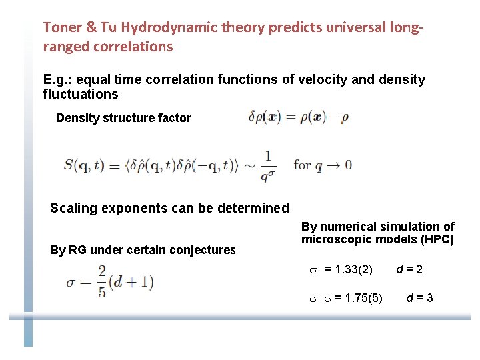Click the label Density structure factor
point(123,118)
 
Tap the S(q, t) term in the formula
point(83,165)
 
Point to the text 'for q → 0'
point(322,165)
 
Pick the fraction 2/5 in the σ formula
point(101,281)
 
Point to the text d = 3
point(420,297)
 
